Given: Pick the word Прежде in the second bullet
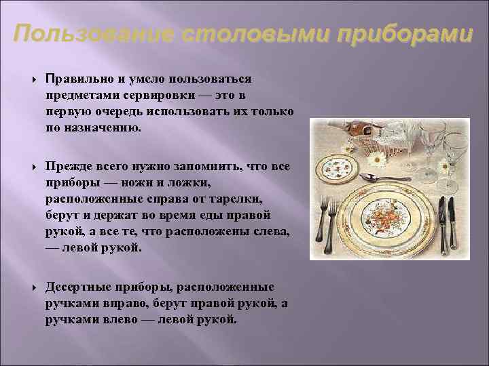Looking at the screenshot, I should [65, 167].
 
